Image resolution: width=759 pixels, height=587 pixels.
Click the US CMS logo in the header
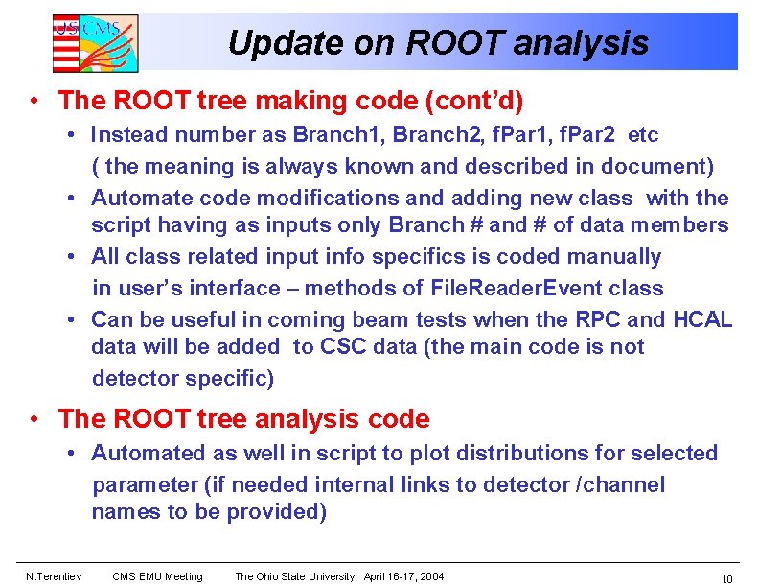94,43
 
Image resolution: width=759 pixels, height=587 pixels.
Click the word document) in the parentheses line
661,167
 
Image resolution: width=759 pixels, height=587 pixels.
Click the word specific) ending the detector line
228,378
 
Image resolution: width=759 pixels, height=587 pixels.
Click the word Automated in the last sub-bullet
148,453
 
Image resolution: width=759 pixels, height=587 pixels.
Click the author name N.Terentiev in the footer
53,576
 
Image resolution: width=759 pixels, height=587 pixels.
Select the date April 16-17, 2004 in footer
403,576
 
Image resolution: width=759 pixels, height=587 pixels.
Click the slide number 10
726,578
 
